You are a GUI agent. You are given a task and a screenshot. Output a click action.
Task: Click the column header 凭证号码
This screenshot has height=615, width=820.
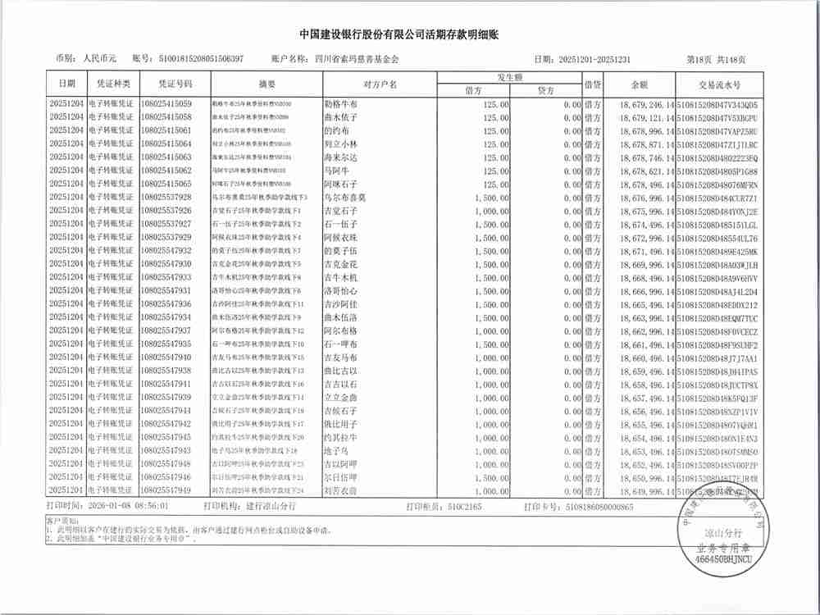[x=166, y=84]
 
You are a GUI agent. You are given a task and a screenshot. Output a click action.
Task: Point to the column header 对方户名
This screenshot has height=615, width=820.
[x=380, y=84]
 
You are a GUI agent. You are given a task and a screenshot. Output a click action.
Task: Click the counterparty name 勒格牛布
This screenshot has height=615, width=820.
[x=341, y=104]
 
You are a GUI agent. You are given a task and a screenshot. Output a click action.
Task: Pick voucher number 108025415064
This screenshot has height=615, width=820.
[x=166, y=143]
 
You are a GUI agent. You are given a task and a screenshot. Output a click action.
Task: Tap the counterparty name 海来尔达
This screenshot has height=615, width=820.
[x=341, y=157]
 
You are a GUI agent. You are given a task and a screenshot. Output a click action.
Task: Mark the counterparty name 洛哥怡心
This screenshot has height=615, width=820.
[x=341, y=290]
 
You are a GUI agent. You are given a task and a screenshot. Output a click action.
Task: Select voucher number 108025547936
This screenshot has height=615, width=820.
[x=166, y=303]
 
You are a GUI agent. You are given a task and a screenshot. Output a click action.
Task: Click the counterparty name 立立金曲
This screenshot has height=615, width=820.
[x=341, y=397]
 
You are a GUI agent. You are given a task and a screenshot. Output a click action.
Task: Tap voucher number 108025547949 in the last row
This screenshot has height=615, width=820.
[x=166, y=490]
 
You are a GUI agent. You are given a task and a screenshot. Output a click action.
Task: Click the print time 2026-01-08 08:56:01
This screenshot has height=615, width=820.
[x=127, y=507]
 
